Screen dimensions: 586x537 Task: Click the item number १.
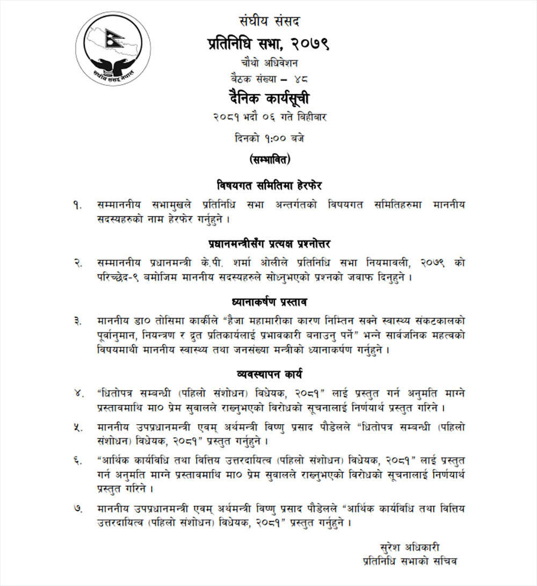(79, 205)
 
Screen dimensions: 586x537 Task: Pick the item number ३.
(79, 321)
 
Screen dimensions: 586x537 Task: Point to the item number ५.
(79, 428)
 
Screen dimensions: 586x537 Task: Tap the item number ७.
(79, 508)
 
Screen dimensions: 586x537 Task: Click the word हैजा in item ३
(235, 321)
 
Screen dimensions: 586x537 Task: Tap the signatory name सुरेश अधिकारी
(409, 547)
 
